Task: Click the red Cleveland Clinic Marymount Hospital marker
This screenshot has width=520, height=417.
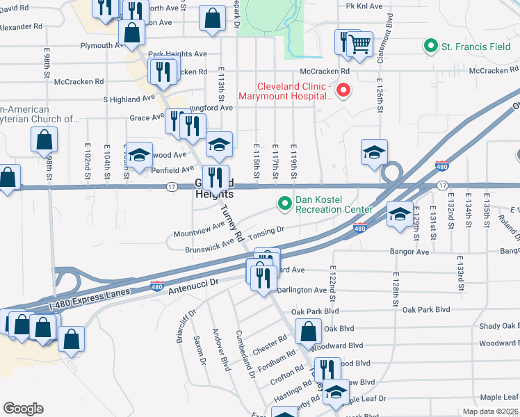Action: point(343,90)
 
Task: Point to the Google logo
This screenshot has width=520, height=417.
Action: point(23,408)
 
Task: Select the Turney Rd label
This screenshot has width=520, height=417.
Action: point(231,225)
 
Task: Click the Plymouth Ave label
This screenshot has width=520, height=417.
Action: point(101,46)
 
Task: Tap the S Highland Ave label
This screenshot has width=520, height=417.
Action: point(129,99)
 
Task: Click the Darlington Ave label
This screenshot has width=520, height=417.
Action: point(301,290)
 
